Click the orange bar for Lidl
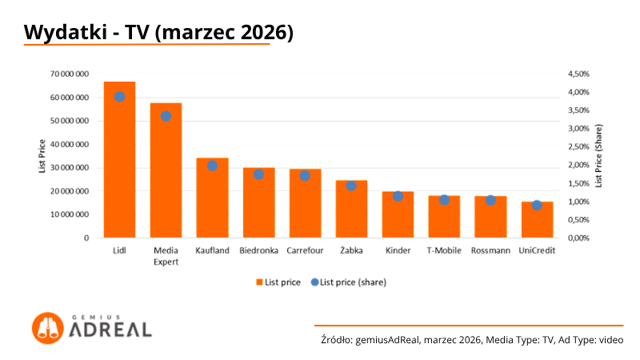coord(119,160)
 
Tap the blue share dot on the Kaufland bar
coord(212,166)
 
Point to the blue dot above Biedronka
coord(258,174)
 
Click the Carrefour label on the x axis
coord(305,250)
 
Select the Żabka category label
coord(351,250)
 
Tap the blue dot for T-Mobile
coord(444,199)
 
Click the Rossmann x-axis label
coord(490,250)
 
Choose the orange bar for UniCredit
coord(537,220)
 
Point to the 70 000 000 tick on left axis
coord(70,74)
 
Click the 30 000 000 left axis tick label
coord(70,168)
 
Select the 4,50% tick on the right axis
coord(578,74)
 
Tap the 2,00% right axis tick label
coord(578,165)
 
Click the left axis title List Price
coord(42,155)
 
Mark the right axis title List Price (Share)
coord(598,155)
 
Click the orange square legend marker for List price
coord(259,282)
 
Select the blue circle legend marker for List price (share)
coord(314,282)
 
